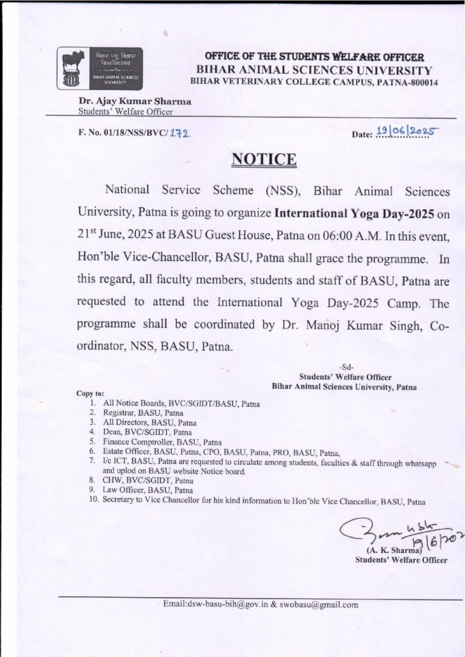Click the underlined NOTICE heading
pyautogui.click(x=264, y=159)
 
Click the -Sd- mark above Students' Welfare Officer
pyautogui.click(x=344, y=367)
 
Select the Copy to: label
pyautogui.click(x=90, y=393)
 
